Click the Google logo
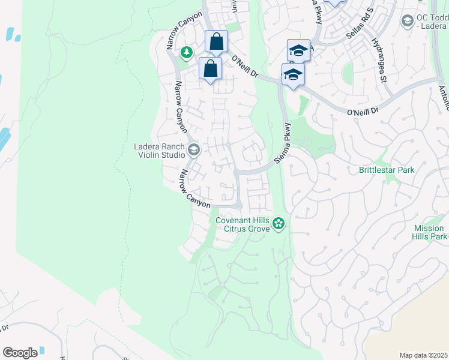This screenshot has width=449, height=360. click(x=20, y=353)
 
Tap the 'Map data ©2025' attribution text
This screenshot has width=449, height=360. click(x=423, y=355)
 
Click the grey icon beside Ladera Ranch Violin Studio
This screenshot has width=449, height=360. click(x=193, y=149)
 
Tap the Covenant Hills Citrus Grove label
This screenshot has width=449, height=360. click(x=243, y=224)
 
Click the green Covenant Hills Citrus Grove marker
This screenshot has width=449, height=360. click(x=278, y=224)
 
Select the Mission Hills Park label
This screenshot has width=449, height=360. click(x=430, y=232)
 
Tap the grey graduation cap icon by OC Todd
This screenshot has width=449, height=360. click(x=407, y=21)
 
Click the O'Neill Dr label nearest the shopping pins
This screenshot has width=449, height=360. click(x=244, y=66)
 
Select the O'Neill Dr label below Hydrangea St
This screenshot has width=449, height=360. click(x=364, y=111)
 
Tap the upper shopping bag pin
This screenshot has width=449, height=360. click(x=216, y=42)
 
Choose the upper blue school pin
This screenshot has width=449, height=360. click(x=298, y=50)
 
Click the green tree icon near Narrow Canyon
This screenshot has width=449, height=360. click(x=187, y=53)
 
